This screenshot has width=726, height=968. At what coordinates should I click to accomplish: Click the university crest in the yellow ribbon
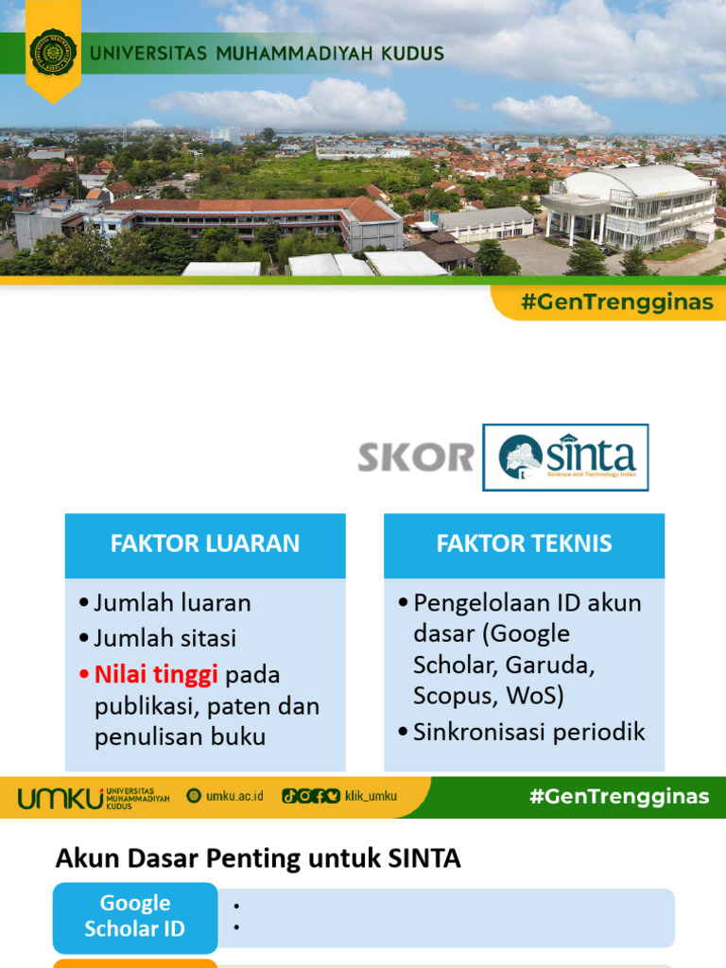(x=53, y=53)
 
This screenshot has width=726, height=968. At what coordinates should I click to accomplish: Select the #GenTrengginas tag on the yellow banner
(x=610, y=303)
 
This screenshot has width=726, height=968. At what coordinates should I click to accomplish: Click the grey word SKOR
(x=415, y=458)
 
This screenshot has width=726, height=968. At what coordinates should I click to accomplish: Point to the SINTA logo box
(x=565, y=458)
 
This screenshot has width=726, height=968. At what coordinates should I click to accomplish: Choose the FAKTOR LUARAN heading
(x=205, y=544)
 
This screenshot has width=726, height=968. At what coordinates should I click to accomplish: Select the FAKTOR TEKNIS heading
(x=524, y=544)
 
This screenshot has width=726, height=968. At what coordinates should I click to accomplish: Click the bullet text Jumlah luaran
(x=172, y=602)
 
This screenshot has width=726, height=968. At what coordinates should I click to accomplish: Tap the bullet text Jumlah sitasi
(x=165, y=638)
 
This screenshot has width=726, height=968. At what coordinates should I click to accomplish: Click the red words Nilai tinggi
(x=156, y=674)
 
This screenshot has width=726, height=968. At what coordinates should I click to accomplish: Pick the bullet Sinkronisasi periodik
(x=528, y=732)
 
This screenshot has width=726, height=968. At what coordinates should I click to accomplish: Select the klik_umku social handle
(x=371, y=796)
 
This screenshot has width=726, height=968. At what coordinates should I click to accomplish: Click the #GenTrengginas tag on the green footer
(x=619, y=796)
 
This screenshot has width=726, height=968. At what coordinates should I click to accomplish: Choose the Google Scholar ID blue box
(x=135, y=916)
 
